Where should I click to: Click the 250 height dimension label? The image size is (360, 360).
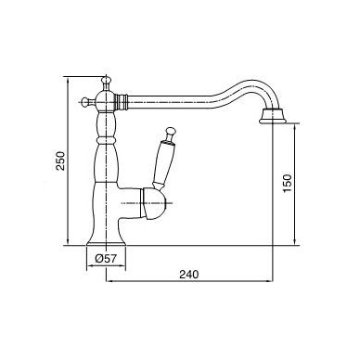pyautogui.click(x=61, y=161)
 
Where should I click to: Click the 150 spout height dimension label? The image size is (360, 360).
pyautogui.click(x=288, y=183)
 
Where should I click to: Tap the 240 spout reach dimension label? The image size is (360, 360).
pyautogui.click(x=189, y=274)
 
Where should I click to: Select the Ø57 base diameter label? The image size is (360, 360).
pyautogui.click(x=106, y=259)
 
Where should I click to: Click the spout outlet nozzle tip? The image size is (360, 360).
pyautogui.click(x=271, y=116)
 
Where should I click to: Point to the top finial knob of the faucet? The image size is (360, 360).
pyautogui.click(x=106, y=82)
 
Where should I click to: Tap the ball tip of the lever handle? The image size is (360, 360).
pyautogui.click(x=170, y=132)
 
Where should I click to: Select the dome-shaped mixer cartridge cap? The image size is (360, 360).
pyautogui.click(x=153, y=203)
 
